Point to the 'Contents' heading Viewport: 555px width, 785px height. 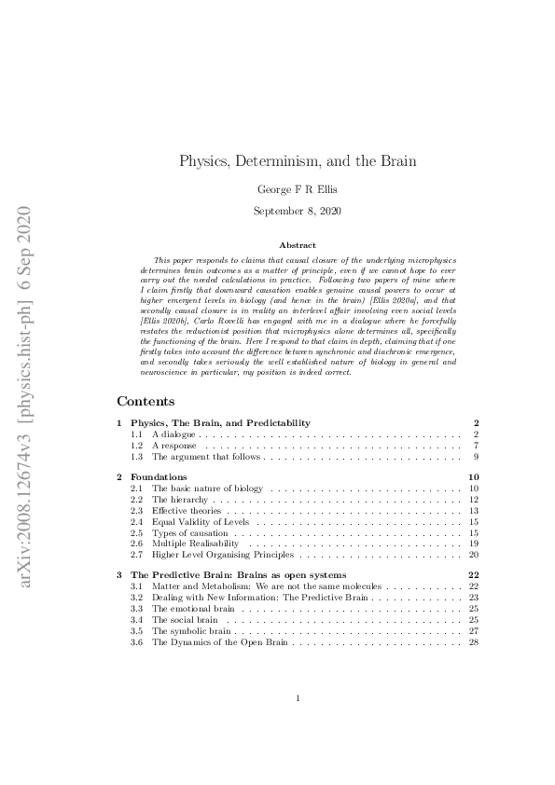pos(146,402)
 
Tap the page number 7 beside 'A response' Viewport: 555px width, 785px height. pos(476,446)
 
